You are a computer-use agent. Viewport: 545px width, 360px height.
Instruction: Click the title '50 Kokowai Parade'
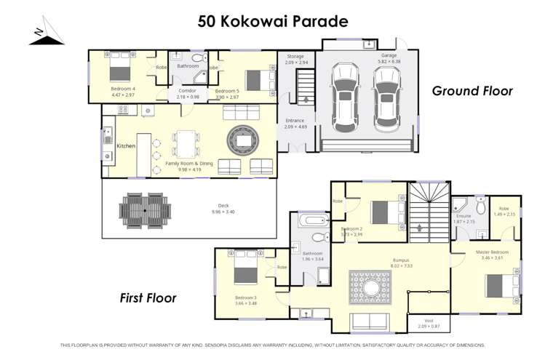(x=272, y=21)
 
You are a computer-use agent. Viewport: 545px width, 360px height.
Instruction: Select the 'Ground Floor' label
(x=472, y=91)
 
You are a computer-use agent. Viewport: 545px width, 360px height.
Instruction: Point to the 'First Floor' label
(x=148, y=298)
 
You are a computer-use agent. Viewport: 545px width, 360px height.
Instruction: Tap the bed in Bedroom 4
(x=119, y=71)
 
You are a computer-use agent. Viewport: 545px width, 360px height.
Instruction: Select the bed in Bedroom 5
(x=254, y=78)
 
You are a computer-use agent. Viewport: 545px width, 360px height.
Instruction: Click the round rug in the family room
(x=242, y=138)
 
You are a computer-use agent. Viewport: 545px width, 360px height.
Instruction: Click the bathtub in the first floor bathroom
(x=311, y=220)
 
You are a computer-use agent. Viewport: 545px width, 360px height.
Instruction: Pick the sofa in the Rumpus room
(x=369, y=321)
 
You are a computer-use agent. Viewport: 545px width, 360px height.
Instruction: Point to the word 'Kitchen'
(x=127, y=146)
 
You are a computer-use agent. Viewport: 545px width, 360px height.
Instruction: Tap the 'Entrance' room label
(x=295, y=121)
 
